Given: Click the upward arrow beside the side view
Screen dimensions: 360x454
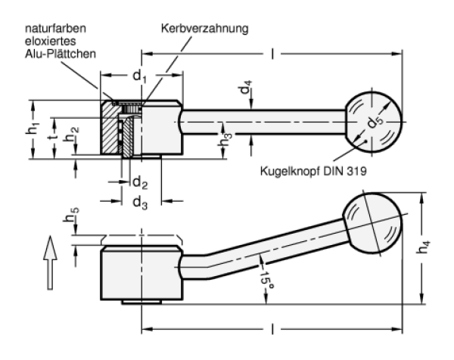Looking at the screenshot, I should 49,260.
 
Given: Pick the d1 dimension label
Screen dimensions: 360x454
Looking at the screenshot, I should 138,76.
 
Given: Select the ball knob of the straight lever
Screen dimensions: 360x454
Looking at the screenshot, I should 374,119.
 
